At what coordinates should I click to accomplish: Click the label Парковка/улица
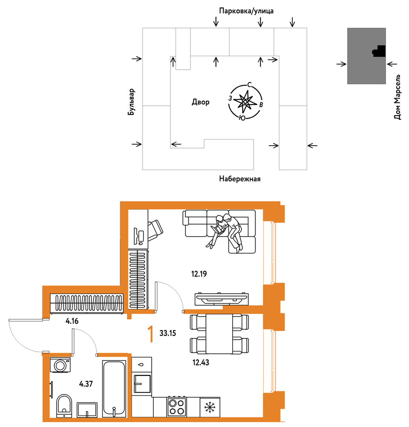click(x=246, y=11)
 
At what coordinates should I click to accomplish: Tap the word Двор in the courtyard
click(x=201, y=102)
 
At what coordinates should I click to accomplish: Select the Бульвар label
click(x=131, y=102)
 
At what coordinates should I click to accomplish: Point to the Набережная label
click(x=240, y=179)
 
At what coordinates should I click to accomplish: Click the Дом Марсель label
click(x=398, y=97)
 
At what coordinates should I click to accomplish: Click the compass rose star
click(x=245, y=102)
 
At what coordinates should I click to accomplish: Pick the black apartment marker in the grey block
click(x=379, y=51)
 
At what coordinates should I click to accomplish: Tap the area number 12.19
click(x=199, y=274)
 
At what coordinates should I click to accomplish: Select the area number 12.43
click(x=201, y=362)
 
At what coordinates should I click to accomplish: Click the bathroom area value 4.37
click(x=86, y=384)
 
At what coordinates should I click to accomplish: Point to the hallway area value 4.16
click(x=72, y=321)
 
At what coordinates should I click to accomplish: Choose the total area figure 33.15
click(x=168, y=333)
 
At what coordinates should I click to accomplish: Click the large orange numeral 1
click(x=150, y=334)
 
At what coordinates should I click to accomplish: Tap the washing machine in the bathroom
click(x=60, y=365)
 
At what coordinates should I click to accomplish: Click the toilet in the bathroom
click(x=64, y=406)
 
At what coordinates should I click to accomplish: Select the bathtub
click(x=114, y=389)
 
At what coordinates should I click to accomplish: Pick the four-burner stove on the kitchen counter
click(x=177, y=406)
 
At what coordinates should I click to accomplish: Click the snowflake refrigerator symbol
click(x=210, y=407)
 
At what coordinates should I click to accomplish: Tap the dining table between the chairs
click(x=219, y=334)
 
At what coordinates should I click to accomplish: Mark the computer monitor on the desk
click(x=136, y=236)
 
